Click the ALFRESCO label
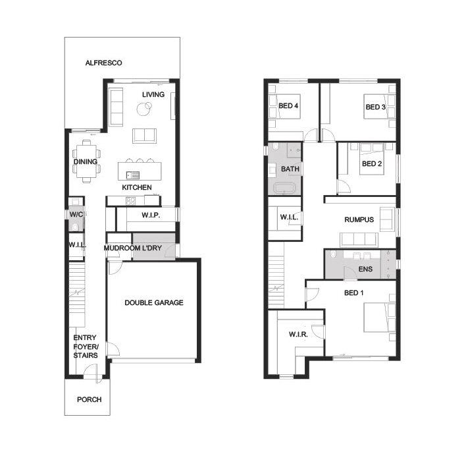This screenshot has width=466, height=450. point(103,63)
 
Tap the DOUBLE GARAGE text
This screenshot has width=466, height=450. point(154,303)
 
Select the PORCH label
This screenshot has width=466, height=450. point(89,399)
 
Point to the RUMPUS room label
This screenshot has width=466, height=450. point(359,220)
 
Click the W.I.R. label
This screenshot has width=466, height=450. point(298,334)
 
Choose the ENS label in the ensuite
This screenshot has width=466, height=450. point(365,269)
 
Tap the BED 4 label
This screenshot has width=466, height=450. point(288,105)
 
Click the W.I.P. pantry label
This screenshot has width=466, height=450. point(151,215)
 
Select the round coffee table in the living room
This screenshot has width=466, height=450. point(144,109)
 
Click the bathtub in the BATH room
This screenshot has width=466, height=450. point(285,188)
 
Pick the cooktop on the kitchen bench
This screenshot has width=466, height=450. point(131,202)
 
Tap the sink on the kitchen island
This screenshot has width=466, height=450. point(132,175)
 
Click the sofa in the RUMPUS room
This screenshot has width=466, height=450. point(359,240)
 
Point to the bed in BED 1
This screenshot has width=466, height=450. point(380,318)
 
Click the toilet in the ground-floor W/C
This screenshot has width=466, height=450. point(75,227)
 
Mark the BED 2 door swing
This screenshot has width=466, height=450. point(344,186)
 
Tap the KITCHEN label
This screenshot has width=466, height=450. point(137,187)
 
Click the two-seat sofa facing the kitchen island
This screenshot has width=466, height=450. point(144,136)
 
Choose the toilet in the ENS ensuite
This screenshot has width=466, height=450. point(333,254)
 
